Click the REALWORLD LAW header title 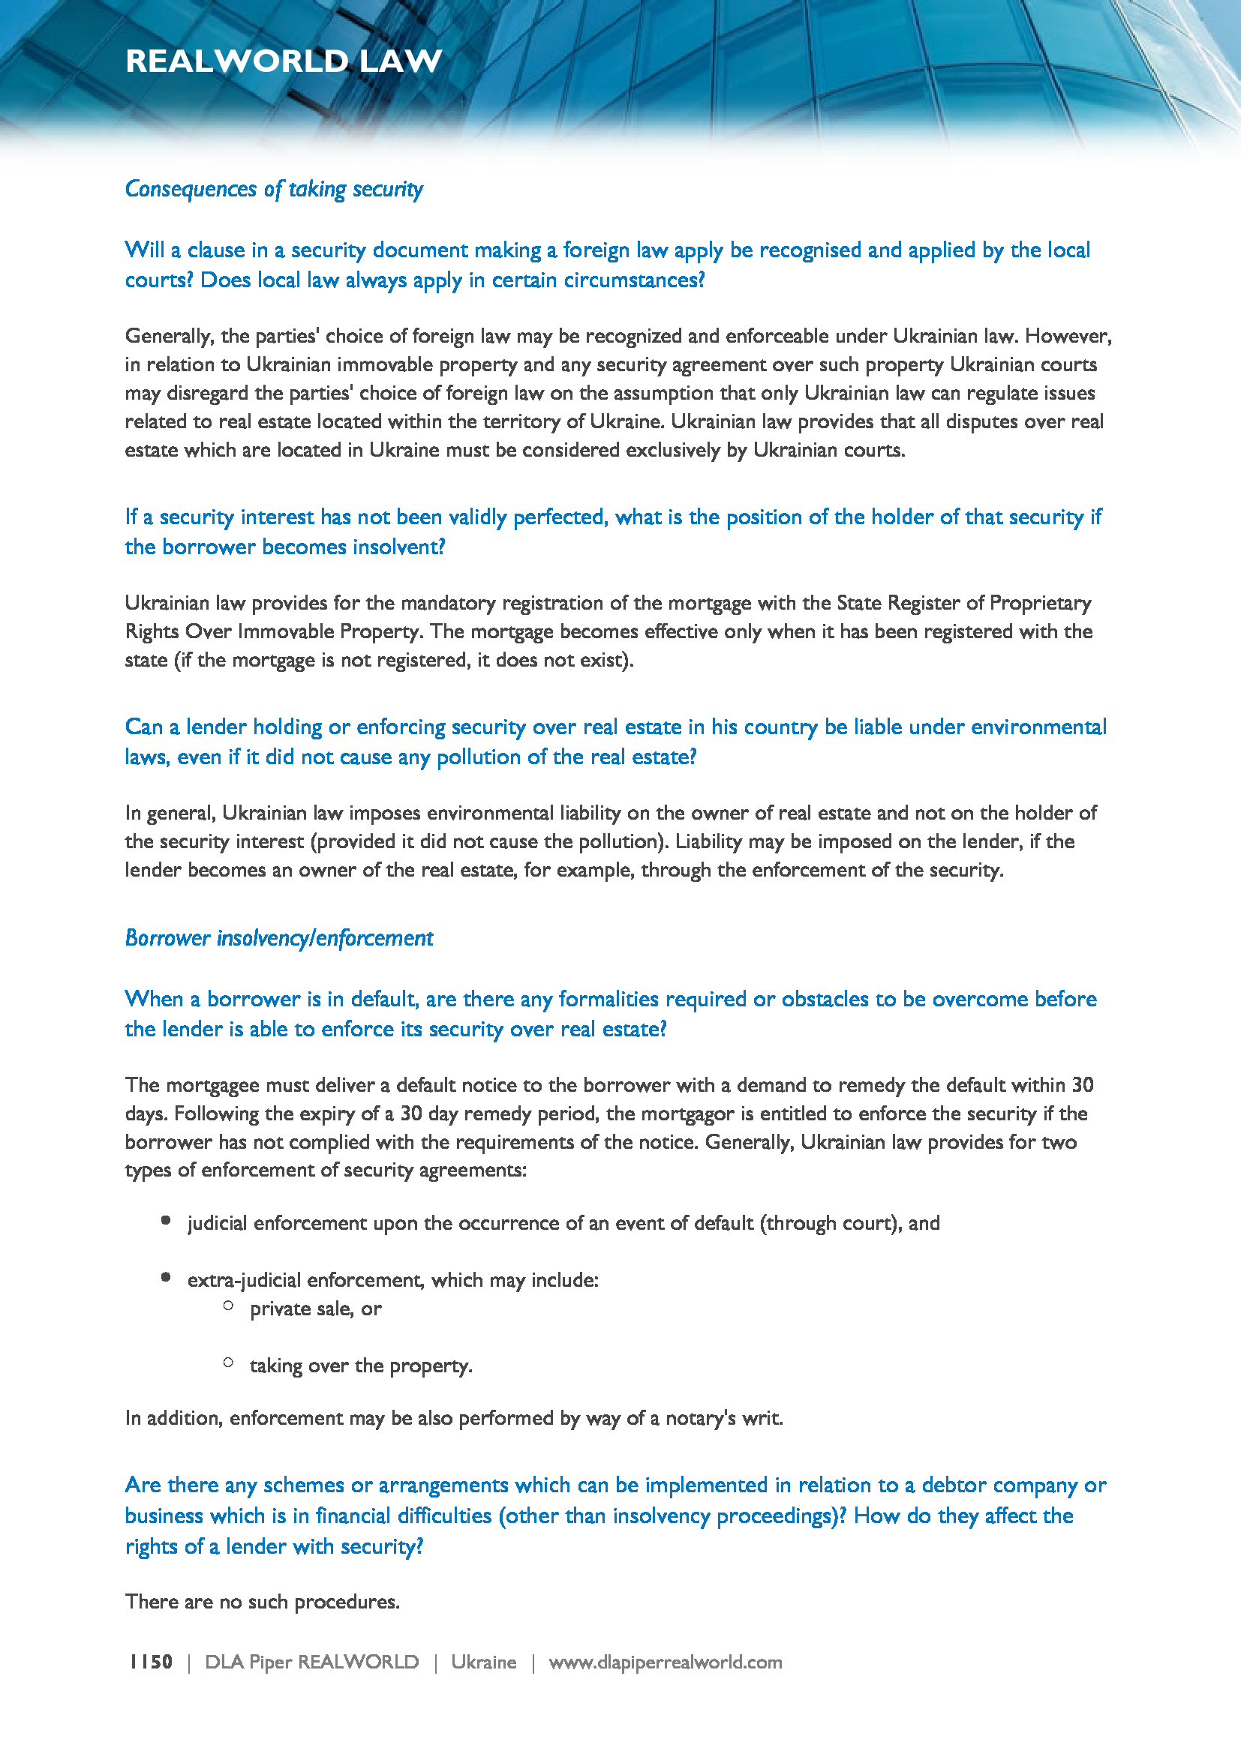coord(284,61)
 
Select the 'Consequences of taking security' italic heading coord(274,189)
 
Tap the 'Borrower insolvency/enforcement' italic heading coord(279,938)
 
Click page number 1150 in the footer coord(151,1662)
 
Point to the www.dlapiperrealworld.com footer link coord(665,1663)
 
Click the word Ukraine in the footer coord(483,1663)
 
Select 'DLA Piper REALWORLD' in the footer coord(312,1663)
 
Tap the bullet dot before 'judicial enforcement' coord(166,1221)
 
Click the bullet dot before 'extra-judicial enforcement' coord(166,1277)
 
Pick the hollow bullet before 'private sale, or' coord(229,1306)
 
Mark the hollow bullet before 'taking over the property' coord(229,1363)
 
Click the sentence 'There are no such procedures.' coord(262,1601)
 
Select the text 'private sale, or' coord(315,1309)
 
